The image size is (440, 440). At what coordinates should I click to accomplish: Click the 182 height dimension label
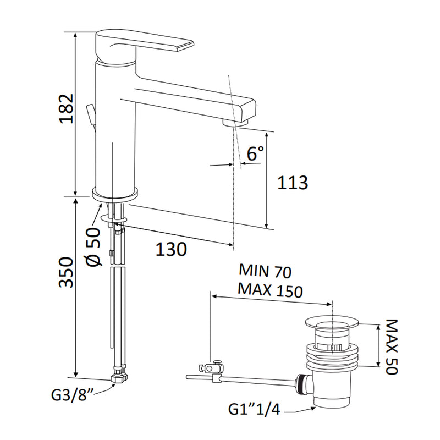(66, 108)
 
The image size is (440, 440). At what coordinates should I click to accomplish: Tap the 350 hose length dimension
(66, 272)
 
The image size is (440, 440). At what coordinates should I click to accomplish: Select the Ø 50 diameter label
(94, 246)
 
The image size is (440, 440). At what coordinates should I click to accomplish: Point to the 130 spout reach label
(171, 249)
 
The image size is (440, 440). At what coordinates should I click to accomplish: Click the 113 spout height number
(293, 183)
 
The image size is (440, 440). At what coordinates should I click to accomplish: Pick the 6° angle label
(255, 153)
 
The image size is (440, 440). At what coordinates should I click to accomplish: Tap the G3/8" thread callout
(73, 395)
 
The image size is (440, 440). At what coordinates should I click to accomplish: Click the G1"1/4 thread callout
(254, 409)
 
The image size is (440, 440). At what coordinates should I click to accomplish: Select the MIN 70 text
(265, 271)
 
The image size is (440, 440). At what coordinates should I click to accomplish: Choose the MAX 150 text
(270, 290)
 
